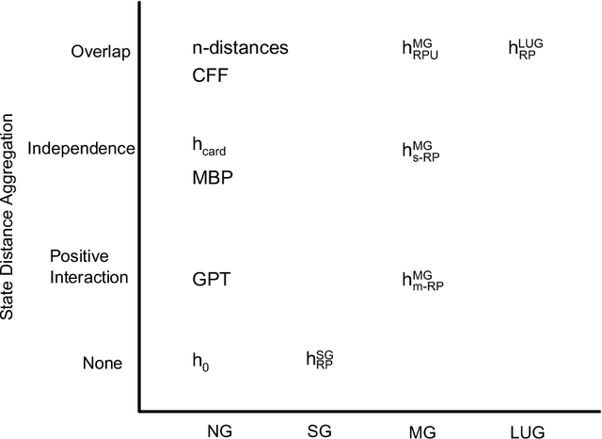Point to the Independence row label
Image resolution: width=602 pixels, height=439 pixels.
pyautogui.click(x=82, y=149)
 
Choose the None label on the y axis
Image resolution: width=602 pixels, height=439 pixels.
pyautogui.click(x=101, y=364)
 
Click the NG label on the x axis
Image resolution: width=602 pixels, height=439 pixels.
pyautogui.click(x=219, y=431)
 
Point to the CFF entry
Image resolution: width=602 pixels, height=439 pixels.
pyautogui.click(x=212, y=76)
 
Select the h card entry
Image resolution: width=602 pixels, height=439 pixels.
pyautogui.click(x=209, y=147)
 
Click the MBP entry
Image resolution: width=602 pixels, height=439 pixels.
pyautogui.click(x=213, y=178)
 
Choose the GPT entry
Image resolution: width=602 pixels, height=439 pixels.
pyautogui.click(x=212, y=280)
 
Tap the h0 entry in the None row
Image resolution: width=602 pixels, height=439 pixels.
pyautogui.click(x=200, y=361)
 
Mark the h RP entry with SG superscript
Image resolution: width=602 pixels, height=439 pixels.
pyautogui.click(x=320, y=359)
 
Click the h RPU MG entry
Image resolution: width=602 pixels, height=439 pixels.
pyautogui.click(x=420, y=49)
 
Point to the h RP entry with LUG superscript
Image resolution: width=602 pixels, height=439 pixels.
pyautogui.click(x=526, y=48)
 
